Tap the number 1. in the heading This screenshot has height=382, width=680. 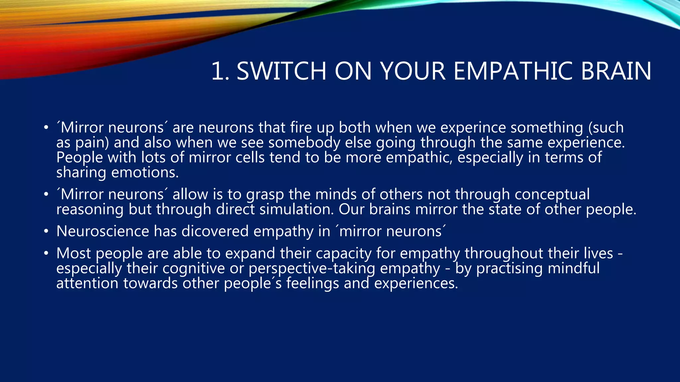220,71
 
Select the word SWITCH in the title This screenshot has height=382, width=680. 281,71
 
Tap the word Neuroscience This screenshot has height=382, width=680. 103,231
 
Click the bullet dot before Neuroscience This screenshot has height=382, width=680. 46,231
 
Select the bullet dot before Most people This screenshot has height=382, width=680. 46,253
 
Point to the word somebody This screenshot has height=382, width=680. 304,143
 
